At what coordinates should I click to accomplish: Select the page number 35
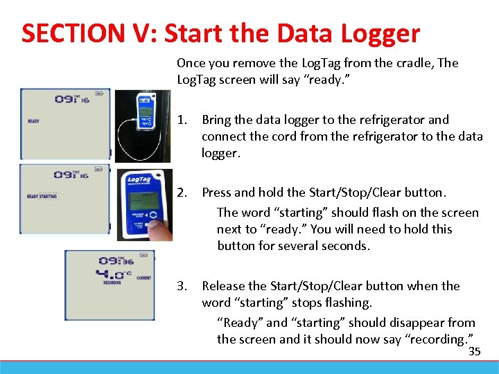pyautogui.click(x=475, y=352)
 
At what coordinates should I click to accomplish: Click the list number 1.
pyautogui.click(x=182, y=120)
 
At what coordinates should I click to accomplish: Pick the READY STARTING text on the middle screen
pyautogui.click(x=42, y=197)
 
